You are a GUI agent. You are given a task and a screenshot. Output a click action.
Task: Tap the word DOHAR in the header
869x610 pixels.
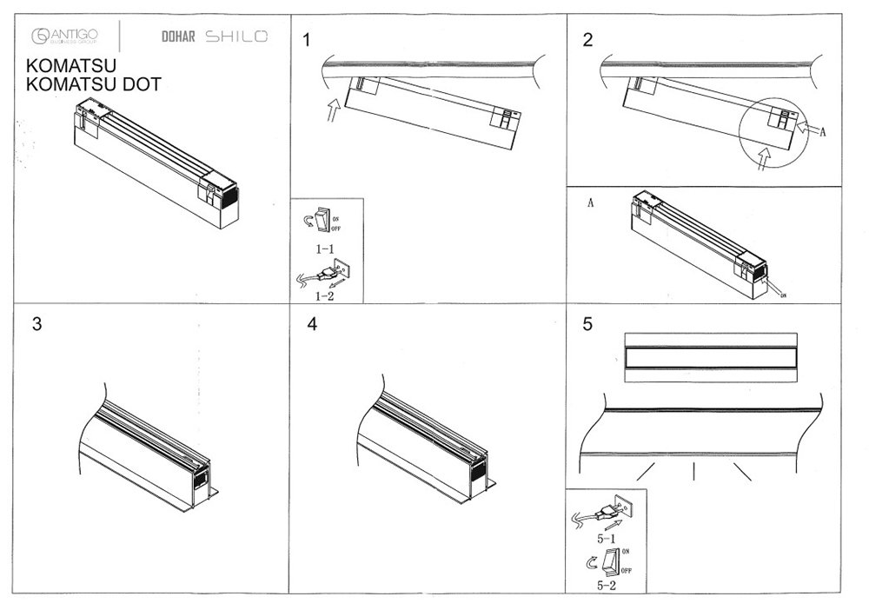coord(177,37)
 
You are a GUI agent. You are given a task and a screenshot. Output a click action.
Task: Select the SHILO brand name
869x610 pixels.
coord(236,36)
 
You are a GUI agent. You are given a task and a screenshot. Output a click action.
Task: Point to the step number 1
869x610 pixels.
coord(307,40)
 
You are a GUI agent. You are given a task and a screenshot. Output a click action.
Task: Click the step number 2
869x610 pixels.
coord(588,40)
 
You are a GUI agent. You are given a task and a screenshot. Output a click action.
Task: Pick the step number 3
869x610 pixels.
coord(36,324)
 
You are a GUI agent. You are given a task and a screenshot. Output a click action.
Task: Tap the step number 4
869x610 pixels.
coord(312,324)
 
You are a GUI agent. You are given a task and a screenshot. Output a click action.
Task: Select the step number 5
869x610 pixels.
coord(588,324)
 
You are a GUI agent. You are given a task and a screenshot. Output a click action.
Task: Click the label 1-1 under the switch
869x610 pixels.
coord(326,249)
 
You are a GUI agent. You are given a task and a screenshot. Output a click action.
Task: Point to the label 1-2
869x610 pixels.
coord(326,295)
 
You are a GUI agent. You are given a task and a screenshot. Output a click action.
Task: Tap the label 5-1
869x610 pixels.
coord(607,539)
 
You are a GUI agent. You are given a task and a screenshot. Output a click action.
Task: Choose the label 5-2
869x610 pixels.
coord(607,587)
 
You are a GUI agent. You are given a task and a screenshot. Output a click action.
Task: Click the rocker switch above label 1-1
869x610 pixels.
coord(325,220)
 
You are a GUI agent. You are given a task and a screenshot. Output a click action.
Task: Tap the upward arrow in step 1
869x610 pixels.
coord(332,111)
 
